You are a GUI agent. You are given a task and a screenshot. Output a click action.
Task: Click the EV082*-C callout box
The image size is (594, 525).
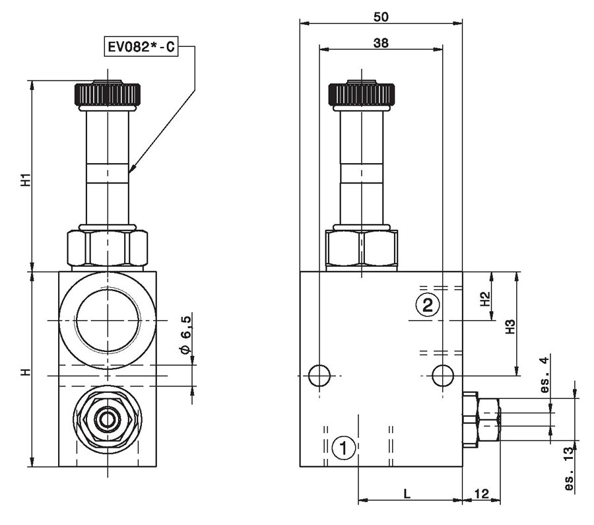141,46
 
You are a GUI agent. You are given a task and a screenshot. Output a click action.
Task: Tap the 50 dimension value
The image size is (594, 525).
381,17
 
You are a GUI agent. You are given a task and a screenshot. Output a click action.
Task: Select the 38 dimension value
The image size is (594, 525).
381,43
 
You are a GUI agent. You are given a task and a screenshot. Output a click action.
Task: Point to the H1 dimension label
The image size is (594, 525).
25,180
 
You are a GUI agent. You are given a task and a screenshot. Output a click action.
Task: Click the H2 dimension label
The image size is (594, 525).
485,298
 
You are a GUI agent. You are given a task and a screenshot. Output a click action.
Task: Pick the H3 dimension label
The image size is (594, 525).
511,327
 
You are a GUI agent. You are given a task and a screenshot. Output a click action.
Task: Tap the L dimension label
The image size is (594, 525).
407,493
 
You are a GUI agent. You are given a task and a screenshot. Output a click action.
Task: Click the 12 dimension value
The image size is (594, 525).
482,493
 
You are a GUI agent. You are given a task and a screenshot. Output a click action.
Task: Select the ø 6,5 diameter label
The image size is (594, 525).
186,334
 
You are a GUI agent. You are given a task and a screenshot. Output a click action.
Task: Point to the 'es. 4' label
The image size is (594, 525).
544,374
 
